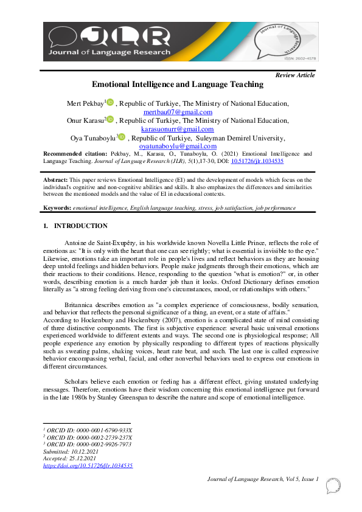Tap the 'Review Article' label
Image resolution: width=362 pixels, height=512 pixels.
click(295, 75)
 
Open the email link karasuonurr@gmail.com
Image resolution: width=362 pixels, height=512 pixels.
click(178, 129)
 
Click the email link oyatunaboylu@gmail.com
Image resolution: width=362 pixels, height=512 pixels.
click(178, 146)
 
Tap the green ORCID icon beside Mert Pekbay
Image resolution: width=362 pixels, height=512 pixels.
click(110, 103)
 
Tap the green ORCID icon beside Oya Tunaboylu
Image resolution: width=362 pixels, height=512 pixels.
click(122, 137)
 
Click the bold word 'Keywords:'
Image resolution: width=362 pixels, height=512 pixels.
click(57, 208)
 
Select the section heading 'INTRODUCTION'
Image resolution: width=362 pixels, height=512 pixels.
click(81, 226)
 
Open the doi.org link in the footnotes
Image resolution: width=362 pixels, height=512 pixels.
click(88, 466)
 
